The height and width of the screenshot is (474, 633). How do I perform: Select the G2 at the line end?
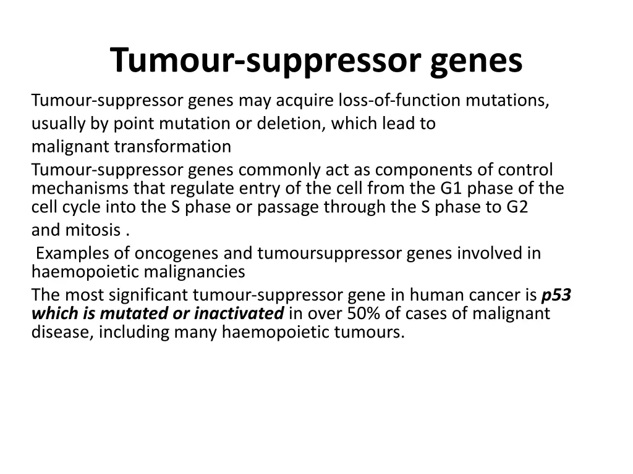pyautogui.click(x=517, y=207)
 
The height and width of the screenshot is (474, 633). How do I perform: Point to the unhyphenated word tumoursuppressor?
pyautogui.click(x=329, y=254)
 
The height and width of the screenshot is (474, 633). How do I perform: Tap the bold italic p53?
pyautogui.click(x=556, y=295)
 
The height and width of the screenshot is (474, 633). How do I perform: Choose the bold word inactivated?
pyautogui.click(x=239, y=314)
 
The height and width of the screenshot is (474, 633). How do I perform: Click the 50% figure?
pyautogui.click(x=365, y=314)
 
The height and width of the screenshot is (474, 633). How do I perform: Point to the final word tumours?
pyautogui.click(x=370, y=333)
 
